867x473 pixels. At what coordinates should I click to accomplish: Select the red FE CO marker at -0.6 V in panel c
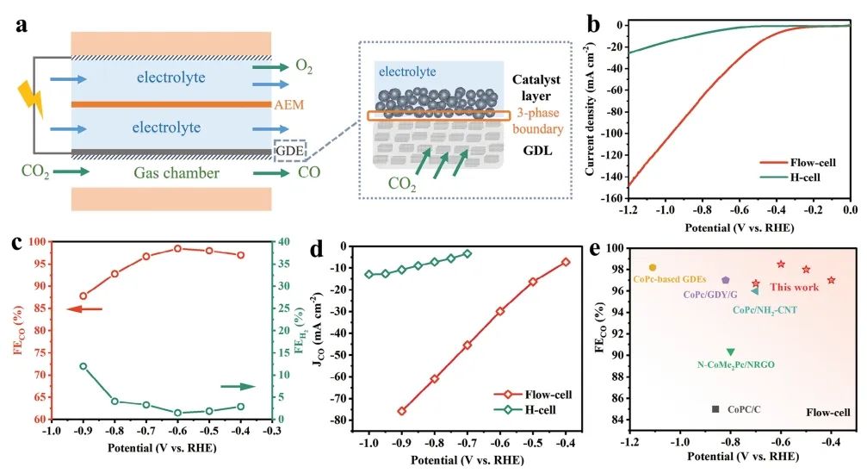(x=177, y=248)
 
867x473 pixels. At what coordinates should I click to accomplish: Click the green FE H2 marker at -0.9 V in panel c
(x=83, y=366)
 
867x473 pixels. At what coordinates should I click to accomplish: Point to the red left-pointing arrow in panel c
(x=86, y=308)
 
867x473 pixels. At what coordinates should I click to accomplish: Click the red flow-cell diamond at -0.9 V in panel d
(x=402, y=411)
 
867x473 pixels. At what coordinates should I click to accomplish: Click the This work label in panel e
(x=793, y=288)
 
